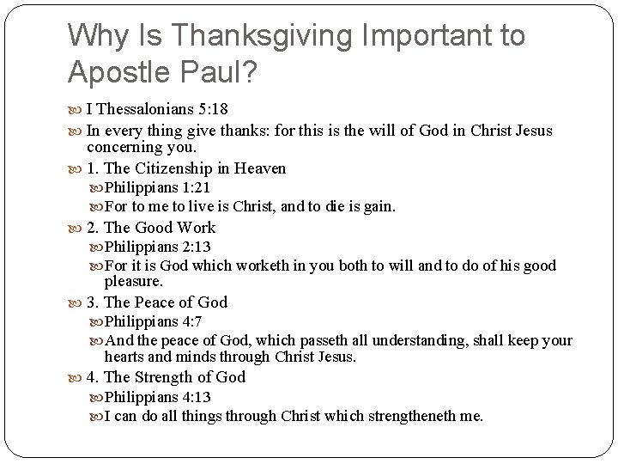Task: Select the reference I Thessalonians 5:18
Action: point(156,109)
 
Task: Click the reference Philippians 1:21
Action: point(157,187)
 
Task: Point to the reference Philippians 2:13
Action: point(157,247)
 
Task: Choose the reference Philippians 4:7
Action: point(153,321)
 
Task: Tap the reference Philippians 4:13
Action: point(157,397)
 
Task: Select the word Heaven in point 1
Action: point(260,168)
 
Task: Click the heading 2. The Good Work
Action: point(151,228)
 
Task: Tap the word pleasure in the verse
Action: point(133,281)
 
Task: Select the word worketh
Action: point(264,266)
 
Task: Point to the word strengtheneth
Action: point(413,416)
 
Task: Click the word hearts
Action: point(124,356)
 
